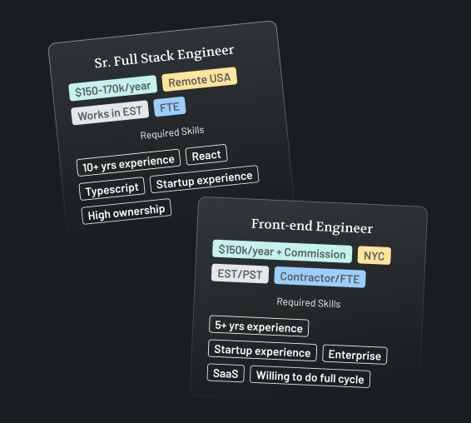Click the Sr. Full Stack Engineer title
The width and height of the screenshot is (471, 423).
click(164, 57)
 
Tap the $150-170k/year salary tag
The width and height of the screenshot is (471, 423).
click(112, 88)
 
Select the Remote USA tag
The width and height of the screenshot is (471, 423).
click(200, 79)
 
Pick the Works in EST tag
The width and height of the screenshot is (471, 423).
click(110, 112)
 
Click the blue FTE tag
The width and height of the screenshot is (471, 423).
click(170, 107)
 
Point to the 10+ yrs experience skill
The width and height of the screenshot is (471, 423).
click(128, 162)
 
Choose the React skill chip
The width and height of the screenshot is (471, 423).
click(206, 155)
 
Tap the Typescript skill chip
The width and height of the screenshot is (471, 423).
click(112, 189)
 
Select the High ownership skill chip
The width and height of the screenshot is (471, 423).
click(126, 211)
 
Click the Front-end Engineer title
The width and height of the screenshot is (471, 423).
click(312, 226)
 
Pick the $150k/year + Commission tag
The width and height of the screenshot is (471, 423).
click(282, 251)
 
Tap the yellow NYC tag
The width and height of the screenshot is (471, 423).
click(374, 256)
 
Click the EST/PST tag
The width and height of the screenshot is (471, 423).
click(240, 274)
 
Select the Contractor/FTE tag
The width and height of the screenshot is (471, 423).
click(320, 277)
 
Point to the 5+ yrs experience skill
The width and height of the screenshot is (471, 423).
click(259, 326)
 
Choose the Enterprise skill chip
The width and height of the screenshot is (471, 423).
click(354, 355)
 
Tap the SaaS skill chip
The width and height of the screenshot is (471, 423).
click(226, 373)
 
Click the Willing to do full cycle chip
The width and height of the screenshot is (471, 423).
click(310, 376)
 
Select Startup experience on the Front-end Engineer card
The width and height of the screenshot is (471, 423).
click(262, 351)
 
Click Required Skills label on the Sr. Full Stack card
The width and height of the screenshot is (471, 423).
click(172, 132)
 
